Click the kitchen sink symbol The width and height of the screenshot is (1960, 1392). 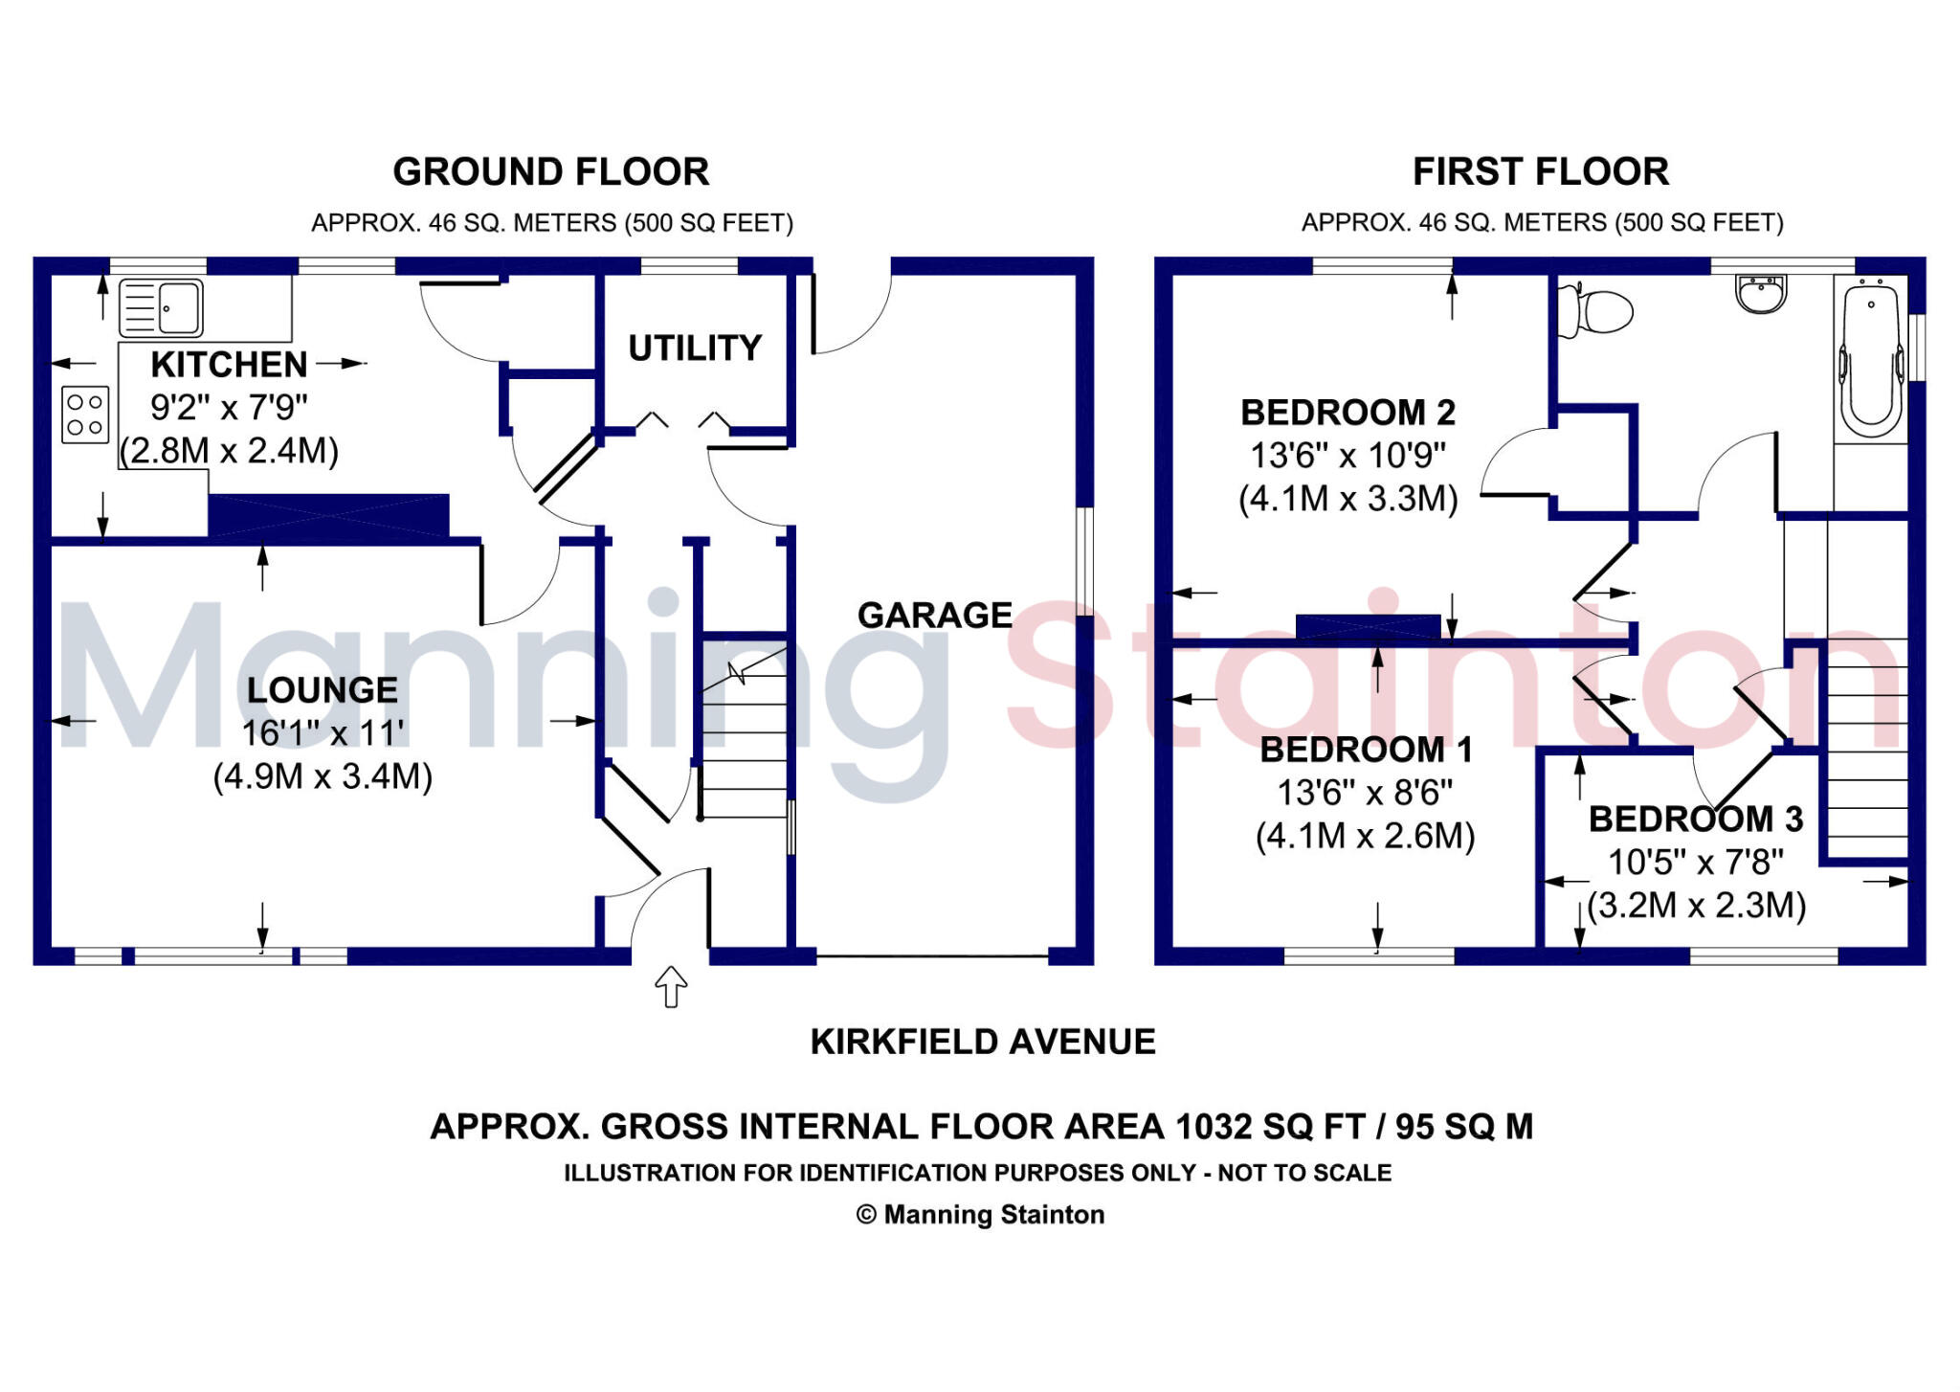click(x=162, y=307)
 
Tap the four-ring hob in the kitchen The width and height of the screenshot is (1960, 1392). click(x=85, y=415)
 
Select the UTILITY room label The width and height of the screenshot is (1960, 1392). click(x=695, y=348)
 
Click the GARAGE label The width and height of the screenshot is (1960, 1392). click(x=934, y=615)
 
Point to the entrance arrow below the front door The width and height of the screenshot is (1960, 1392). click(x=671, y=986)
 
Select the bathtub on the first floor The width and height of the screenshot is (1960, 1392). click(x=1872, y=359)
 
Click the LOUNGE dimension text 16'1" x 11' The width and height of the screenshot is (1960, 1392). click(x=323, y=733)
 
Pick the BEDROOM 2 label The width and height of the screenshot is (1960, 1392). click(x=1347, y=413)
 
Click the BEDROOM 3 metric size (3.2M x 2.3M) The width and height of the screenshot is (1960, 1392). click(x=1696, y=905)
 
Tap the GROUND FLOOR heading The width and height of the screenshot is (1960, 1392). click(x=551, y=172)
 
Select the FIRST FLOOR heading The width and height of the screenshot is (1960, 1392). click(x=1541, y=172)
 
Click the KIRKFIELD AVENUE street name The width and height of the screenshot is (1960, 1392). click(x=983, y=1042)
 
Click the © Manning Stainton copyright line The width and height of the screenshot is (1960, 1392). click(x=980, y=1215)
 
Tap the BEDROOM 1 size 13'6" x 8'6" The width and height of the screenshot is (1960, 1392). click(x=1365, y=793)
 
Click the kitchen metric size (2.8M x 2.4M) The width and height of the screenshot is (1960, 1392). click(x=229, y=450)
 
